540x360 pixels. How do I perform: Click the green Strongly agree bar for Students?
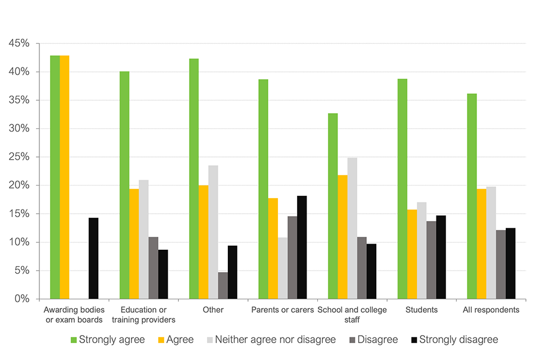(402, 188)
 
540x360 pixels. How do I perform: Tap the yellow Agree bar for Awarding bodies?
(65, 177)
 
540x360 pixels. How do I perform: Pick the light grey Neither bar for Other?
(213, 232)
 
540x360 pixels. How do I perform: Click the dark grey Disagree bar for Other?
(223, 285)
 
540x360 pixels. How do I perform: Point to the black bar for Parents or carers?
(302, 247)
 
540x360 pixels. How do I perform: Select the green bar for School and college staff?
(333, 206)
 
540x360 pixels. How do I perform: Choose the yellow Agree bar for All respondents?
(481, 244)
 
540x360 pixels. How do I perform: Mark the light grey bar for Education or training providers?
(144, 239)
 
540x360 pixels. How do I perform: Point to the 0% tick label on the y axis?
(22, 299)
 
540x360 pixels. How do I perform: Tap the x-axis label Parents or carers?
(283, 310)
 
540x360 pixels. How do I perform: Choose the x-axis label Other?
(213, 310)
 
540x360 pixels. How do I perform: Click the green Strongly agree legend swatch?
(74, 340)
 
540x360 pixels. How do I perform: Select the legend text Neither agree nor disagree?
(276, 340)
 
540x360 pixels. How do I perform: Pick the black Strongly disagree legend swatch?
(414, 340)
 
